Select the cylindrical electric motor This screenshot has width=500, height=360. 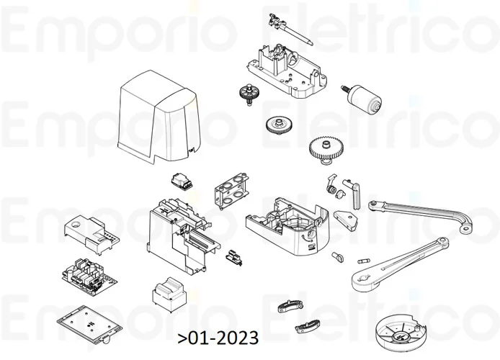[366, 99]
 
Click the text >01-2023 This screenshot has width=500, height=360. [217, 338]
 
